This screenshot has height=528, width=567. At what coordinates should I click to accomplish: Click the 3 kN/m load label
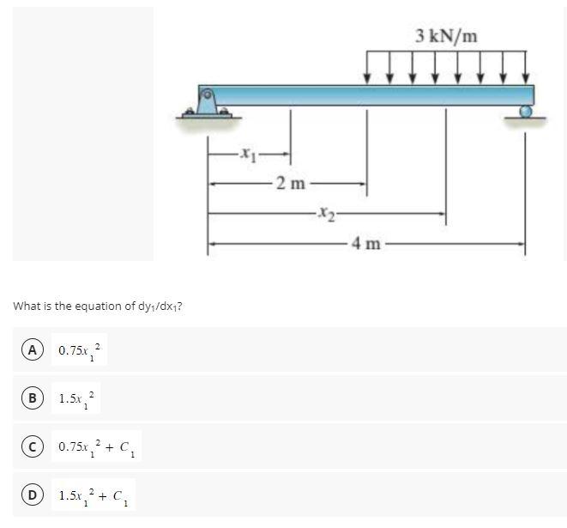click(446, 36)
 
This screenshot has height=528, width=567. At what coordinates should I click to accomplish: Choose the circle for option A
click(32, 349)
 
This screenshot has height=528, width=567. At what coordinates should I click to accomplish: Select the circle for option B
click(32, 398)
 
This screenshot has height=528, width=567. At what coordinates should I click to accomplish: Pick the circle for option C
click(32, 446)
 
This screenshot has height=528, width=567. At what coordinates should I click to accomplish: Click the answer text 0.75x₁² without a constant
click(80, 350)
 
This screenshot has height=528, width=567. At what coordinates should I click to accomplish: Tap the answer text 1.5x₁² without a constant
click(77, 399)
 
